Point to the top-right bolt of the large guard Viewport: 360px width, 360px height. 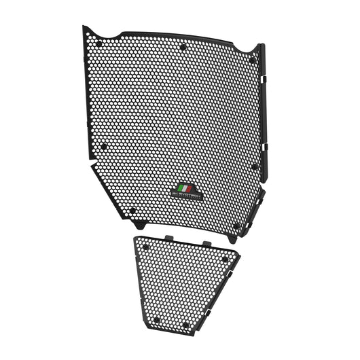[252, 60]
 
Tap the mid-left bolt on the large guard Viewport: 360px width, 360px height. [104, 145]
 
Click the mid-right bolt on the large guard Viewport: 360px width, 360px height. [254, 165]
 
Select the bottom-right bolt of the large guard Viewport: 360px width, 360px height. [236, 226]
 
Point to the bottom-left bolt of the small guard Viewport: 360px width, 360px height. [156, 319]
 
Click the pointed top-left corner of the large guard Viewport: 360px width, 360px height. [84, 29]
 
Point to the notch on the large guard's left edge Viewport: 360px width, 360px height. [93, 164]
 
